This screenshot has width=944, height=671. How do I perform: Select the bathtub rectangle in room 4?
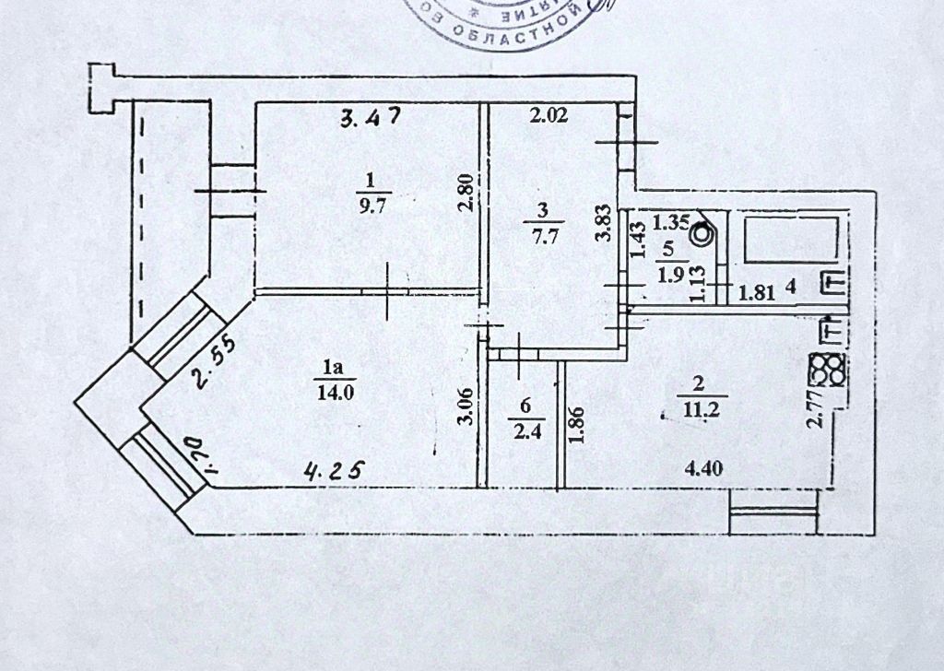pos(791,238)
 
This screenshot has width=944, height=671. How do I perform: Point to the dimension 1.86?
pos(577,426)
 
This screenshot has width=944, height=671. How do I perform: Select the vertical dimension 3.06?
pos(467,407)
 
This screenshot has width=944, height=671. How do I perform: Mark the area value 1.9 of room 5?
pos(668,274)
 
